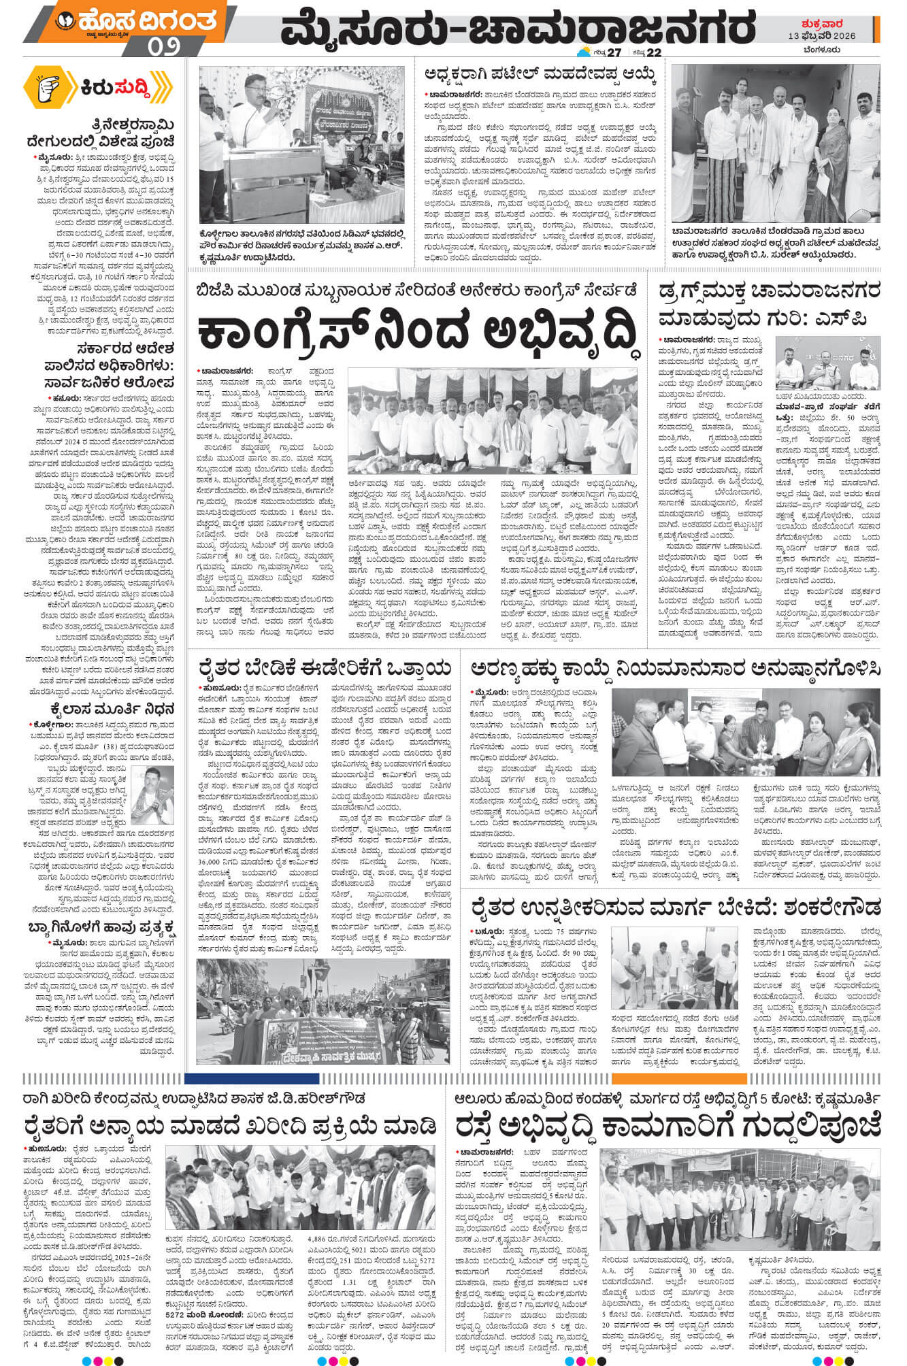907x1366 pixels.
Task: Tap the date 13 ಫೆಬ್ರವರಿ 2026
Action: coord(831,35)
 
